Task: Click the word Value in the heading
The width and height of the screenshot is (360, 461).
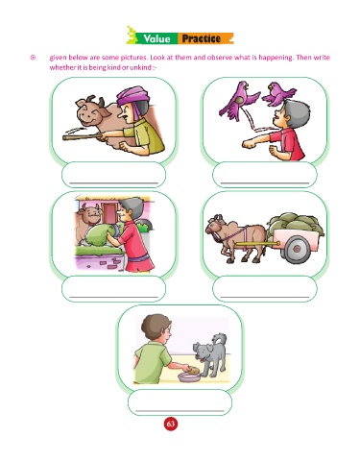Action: pos(156,38)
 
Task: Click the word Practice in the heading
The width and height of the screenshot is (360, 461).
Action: pos(202,38)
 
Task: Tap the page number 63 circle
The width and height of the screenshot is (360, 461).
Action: pos(171,424)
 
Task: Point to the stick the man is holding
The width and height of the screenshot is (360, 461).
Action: pos(84,137)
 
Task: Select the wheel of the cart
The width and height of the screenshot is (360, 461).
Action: pos(297,249)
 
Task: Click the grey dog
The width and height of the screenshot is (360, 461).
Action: pos(210,354)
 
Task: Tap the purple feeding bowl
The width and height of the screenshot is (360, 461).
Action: pos(190,376)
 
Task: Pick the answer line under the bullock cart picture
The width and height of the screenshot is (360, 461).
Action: pos(265,298)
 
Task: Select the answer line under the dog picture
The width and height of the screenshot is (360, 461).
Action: pos(180,411)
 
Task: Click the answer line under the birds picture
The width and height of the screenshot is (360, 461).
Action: pos(265,183)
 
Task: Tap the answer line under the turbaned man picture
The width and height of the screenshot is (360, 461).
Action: pos(114,183)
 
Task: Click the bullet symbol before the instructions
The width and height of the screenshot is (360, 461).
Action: pos(33,58)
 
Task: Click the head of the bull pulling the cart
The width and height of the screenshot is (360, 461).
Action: pos(215,226)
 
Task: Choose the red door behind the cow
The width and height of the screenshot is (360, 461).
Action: pos(109,213)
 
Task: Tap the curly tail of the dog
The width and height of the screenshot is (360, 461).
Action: pos(221,339)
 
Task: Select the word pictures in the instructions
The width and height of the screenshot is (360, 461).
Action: pos(133,58)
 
